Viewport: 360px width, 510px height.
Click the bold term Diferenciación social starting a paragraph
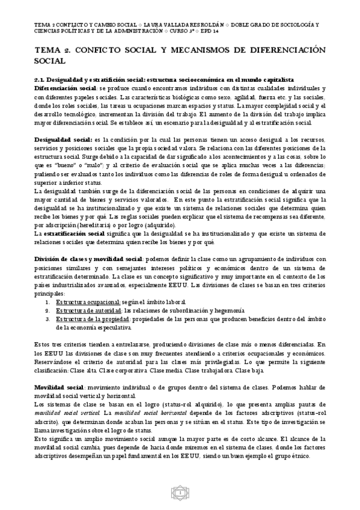point(61,88)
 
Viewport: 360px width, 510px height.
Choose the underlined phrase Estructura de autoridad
point(87,310)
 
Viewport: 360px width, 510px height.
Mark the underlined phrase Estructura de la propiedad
point(93,319)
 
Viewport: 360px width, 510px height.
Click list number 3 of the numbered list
point(48,319)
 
